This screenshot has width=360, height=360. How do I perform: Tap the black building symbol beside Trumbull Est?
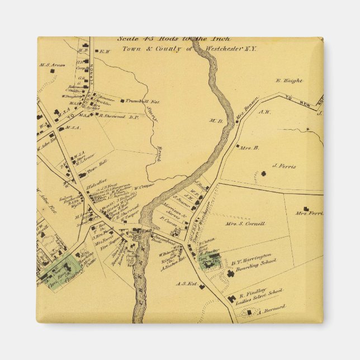pyautogui.click(x=122, y=101)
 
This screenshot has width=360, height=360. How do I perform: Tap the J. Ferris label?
pyautogui.click(x=283, y=166)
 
